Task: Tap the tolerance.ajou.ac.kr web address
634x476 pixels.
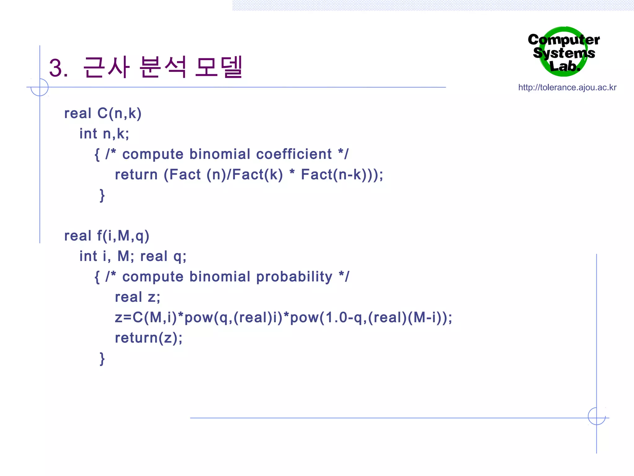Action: [x=567, y=87]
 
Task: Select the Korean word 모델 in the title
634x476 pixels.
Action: [x=219, y=67]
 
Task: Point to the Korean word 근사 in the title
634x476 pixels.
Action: [x=106, y=67]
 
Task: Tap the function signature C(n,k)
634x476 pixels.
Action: [x=119, y=113]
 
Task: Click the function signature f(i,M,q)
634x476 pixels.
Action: [x=123, y=236]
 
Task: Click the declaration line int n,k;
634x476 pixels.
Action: [x=104, y=134]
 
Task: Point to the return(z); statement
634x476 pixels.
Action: [x=149, y=338]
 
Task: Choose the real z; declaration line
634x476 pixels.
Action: [x=137, y=297]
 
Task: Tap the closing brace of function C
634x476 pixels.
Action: [x=102, y=195]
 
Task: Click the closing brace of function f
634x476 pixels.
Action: [x=102, y=359]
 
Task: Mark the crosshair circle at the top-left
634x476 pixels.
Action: [x=40, y=87]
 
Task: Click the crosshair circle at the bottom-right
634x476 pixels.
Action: [x=597, y=416]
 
